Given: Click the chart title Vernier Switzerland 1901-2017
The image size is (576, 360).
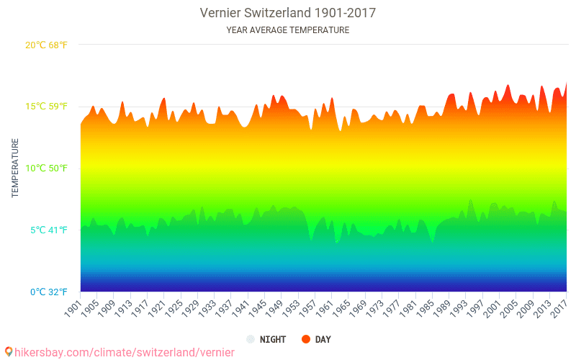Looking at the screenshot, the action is (287, 13).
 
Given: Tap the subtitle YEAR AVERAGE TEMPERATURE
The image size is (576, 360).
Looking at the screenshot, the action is (287, 30).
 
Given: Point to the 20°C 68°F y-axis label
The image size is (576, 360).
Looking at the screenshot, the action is (46, 45).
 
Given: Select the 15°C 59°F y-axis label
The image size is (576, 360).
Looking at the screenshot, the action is (46, 107).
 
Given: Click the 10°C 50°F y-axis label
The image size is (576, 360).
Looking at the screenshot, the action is (46, 168).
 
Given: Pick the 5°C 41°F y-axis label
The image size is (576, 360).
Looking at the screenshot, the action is (49, 230).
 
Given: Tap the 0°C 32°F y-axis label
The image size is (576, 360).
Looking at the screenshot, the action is (49, 292).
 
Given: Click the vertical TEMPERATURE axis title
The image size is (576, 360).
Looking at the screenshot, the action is (15, 168).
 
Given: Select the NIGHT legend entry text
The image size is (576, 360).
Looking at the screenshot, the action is (273, 339).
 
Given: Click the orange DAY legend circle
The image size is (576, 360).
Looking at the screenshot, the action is (305, 339).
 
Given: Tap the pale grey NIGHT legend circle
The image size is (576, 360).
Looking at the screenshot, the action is (251, 339).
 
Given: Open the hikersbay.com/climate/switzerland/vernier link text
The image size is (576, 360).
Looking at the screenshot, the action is (125, 353).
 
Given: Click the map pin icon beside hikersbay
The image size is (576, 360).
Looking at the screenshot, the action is (9, 352).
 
